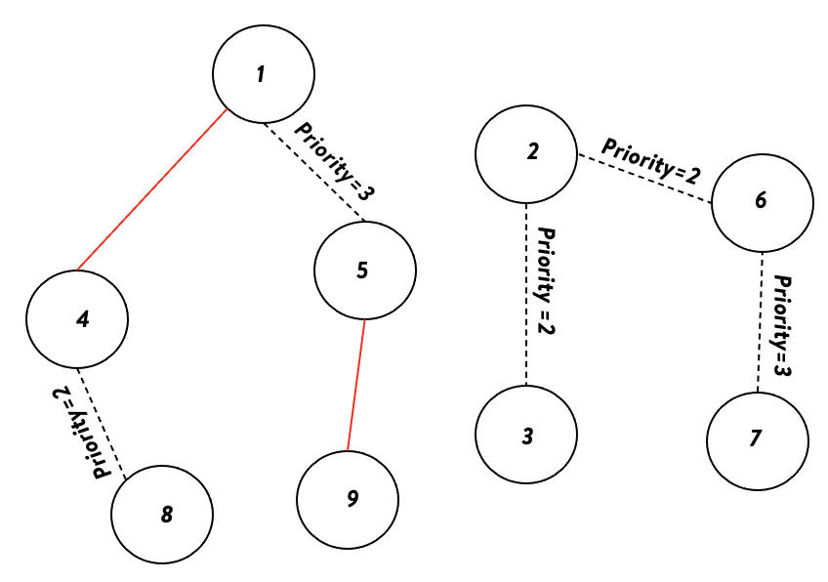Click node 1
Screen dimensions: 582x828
coord(264,75)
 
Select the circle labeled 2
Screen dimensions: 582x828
coord(525,153)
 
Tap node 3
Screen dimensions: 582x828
coord(525,435)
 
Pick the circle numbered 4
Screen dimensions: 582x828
coord(77,318)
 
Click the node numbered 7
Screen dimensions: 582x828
coord(758,438)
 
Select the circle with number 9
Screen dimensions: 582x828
coord(349,500)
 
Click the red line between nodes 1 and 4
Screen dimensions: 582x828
coord(151,189)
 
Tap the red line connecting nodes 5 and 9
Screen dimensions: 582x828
coord(356,386)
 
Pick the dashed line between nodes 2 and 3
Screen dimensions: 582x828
coord(526,294)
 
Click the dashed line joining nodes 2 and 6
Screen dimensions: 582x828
coord(643,179)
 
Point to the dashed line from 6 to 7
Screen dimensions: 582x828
coord(760,322)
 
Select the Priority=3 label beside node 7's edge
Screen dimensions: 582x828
coord(781,324)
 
